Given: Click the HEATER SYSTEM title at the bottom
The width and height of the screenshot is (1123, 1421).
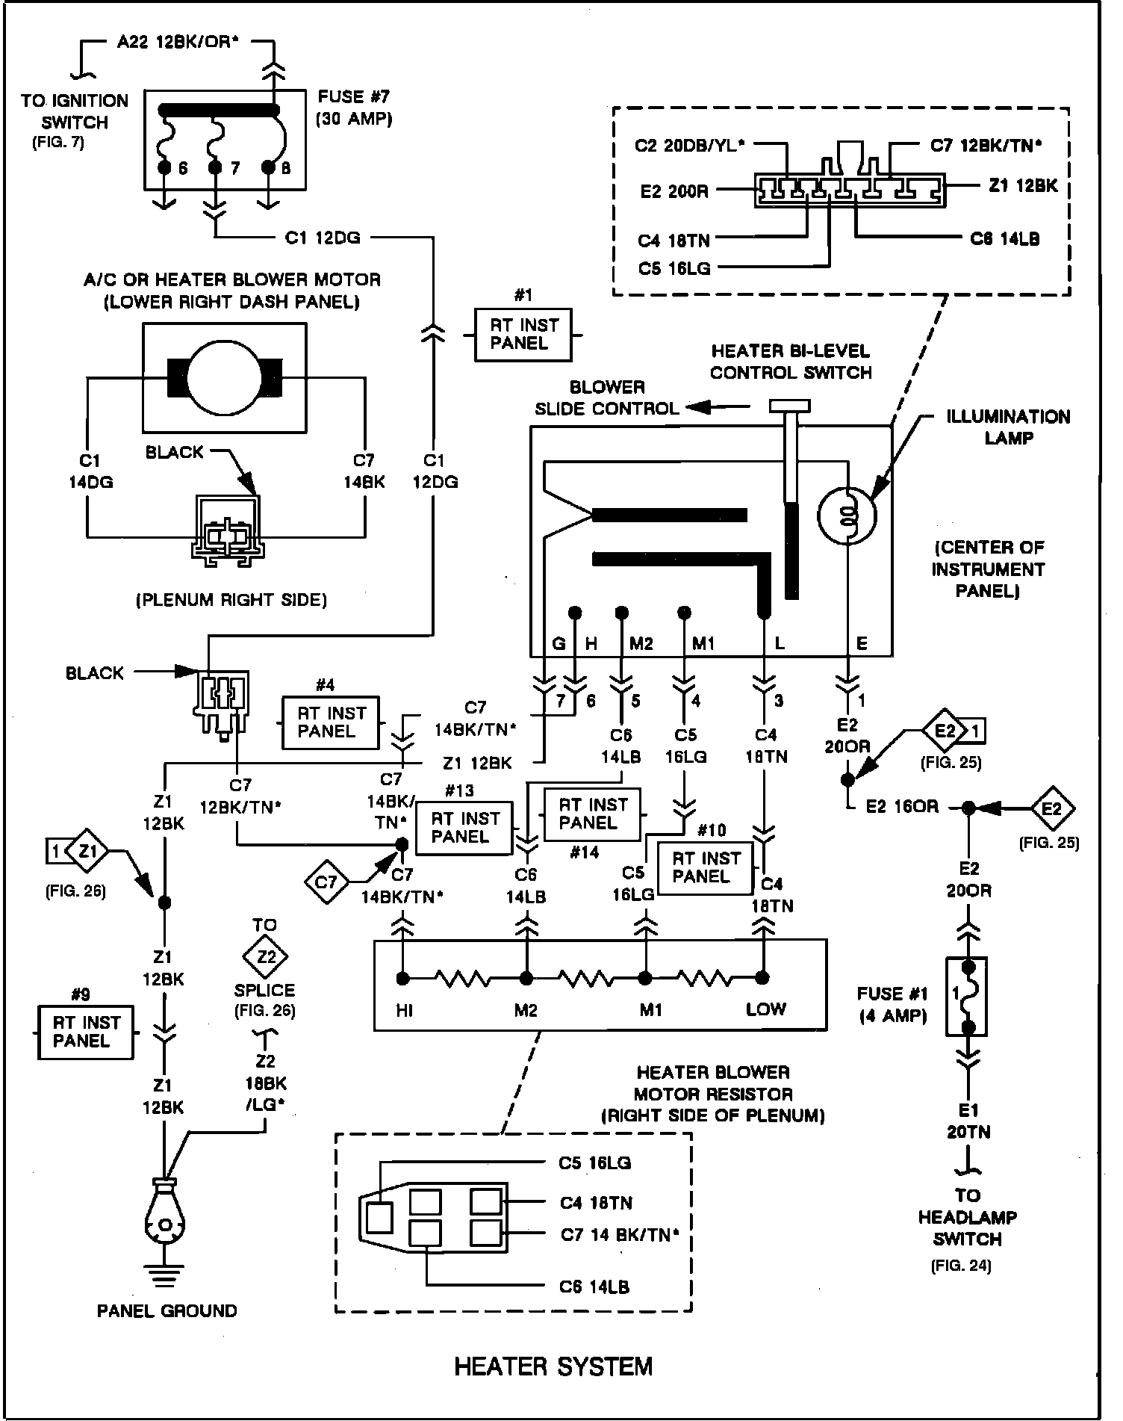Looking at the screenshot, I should point(553,1366).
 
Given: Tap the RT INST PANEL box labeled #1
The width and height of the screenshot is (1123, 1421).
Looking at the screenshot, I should point(523,335).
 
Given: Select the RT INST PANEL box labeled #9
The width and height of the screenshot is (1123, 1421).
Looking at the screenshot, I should point(85,1032).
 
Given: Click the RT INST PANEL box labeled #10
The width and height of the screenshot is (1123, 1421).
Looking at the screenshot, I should point(705,867).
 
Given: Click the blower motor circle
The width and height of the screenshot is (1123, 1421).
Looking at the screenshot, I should point(223,377).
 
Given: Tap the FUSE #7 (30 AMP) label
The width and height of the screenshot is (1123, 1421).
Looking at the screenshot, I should point(354,108).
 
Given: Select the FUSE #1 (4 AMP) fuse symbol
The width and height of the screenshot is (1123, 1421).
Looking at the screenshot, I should point(968,996).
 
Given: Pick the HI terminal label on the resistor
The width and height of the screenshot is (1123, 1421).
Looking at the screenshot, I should point(405,1011).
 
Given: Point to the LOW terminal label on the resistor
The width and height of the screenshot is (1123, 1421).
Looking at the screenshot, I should point(765,1009).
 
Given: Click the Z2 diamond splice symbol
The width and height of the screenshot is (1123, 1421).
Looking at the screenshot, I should point(265,957).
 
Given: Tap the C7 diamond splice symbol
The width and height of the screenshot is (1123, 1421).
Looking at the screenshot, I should point(326,882).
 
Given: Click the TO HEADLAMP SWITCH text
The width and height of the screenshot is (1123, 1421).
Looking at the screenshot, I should point(967,1217).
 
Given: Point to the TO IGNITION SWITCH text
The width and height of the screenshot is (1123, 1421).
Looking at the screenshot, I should point(75,111).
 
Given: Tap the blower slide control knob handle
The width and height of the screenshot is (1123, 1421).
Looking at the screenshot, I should point(790,406).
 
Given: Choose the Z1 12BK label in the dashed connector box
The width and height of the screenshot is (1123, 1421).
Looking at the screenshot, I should point(1023,186).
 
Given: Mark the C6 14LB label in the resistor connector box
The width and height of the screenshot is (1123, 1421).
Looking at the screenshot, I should point(594,1287).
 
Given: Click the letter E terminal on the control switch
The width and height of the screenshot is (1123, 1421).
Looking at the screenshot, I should point(862,643).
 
